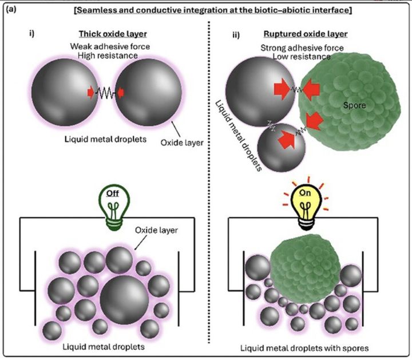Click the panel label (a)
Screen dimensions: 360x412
pos(9,10)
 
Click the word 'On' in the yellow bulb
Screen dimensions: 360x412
pos(307,195)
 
